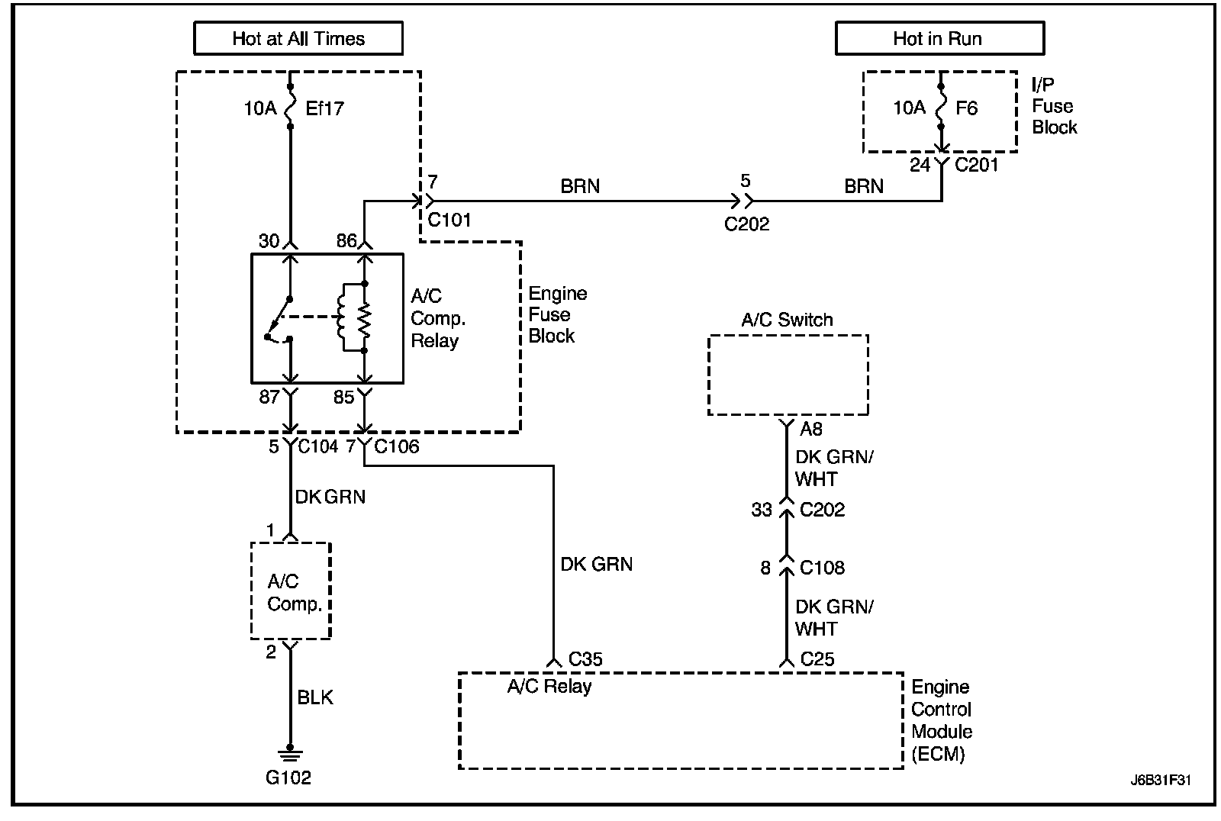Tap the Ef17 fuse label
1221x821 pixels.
324,108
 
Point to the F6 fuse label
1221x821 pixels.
966,108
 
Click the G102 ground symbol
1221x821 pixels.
290,754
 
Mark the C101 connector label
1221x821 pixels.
449,220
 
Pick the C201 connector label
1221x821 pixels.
976,165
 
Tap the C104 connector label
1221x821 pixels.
318,446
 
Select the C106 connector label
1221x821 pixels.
397,446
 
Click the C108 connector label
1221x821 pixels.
822,568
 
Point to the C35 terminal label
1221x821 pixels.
585,659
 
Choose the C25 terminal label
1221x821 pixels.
817,659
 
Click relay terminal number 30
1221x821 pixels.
269,240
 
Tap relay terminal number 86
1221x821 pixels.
346,240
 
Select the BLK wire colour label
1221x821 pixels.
314,697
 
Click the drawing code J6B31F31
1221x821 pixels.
1161,780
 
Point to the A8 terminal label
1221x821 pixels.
810,429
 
